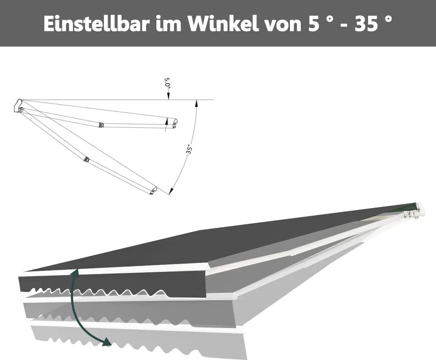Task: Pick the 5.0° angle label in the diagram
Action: [169, 83]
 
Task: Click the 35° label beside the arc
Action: [189, 150]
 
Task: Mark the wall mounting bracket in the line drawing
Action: [19, 106]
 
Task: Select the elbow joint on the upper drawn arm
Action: [101, 125]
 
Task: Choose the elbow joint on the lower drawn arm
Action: [87, 159]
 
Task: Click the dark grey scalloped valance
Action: [111, 285]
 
